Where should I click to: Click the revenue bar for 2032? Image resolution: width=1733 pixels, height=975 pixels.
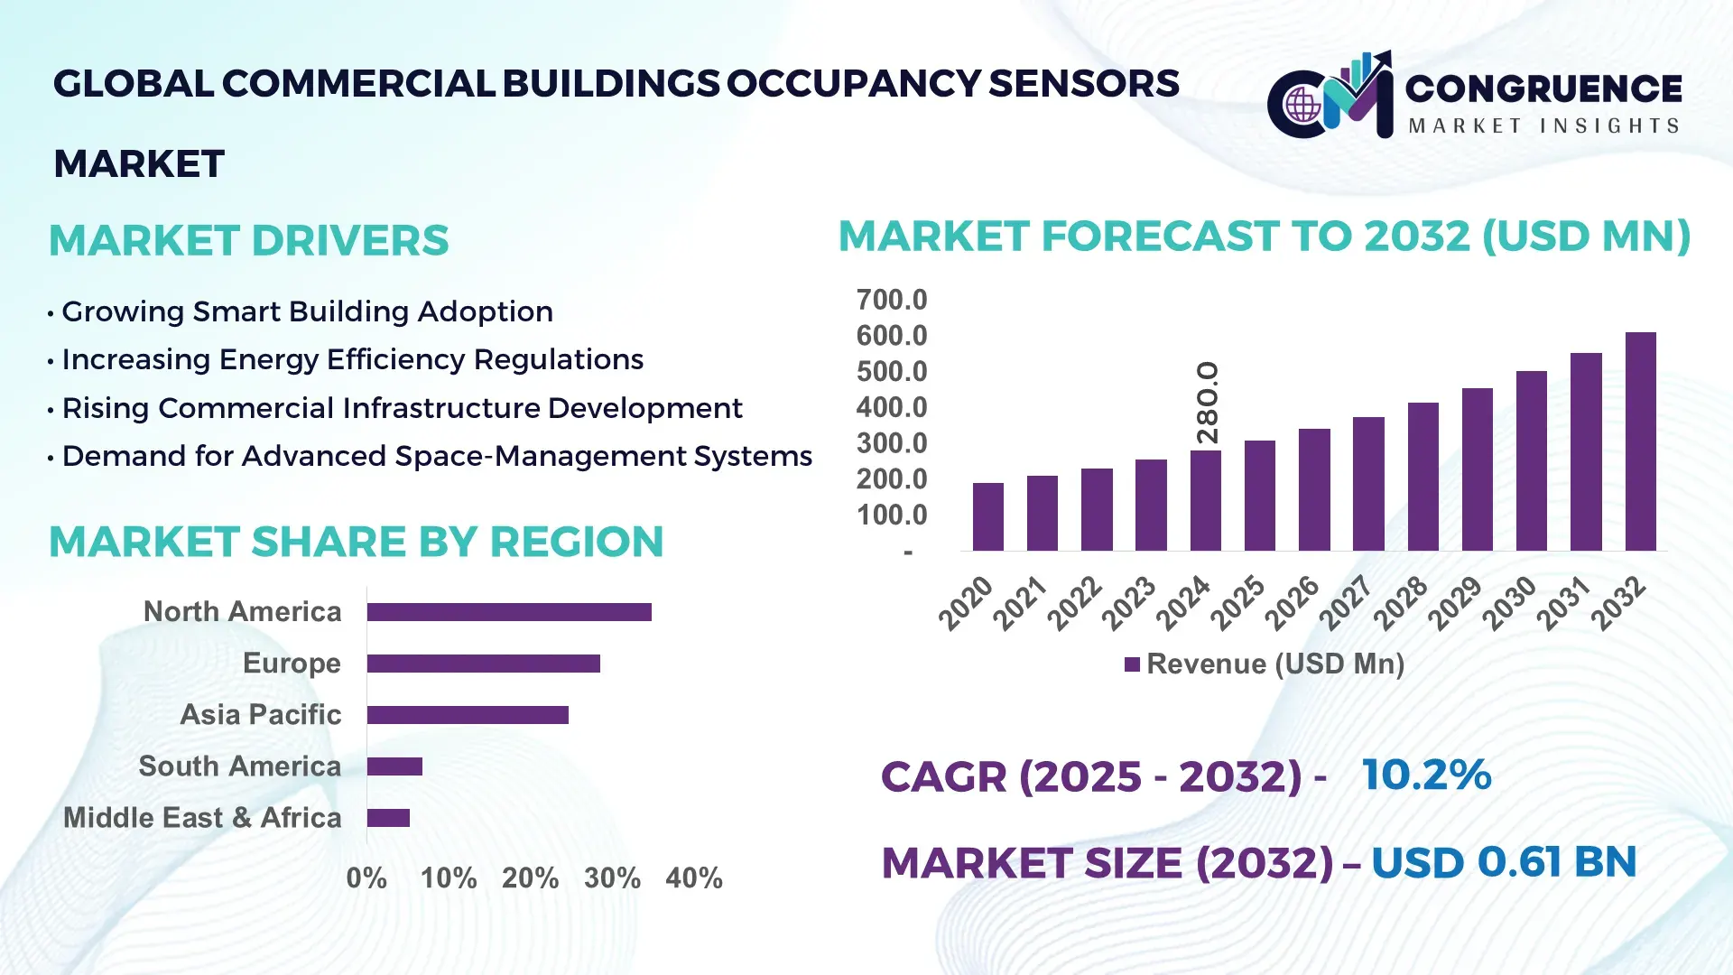[x=1640, y=441]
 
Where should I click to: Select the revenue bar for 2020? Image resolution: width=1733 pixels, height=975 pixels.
[x=987, y=516]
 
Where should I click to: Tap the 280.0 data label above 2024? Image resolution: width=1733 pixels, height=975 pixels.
[x=1207, y=403]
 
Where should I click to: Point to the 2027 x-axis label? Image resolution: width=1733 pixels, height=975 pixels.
[x=1346, y=602]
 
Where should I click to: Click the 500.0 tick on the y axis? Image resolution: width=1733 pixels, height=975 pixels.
[x=891, y=371]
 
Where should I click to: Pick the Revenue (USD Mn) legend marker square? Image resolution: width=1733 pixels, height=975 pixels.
[x=1132, y=664]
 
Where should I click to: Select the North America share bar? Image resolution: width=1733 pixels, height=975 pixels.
[x=509, y=612]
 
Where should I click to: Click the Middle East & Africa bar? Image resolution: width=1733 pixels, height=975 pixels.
[x=388, y=818]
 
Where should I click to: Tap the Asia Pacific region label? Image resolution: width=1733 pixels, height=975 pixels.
[x=260, y=714]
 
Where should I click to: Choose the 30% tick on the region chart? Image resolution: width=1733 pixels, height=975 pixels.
[x=612, y=877]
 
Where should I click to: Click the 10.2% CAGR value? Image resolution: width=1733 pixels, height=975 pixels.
[x=1426, y=775]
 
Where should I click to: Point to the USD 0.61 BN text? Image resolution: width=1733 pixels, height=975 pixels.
[x=1503, y=861]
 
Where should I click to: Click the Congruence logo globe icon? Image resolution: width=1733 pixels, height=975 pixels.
[x=1302, y=106]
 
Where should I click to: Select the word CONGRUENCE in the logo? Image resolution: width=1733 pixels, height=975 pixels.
[x=1543, y=88]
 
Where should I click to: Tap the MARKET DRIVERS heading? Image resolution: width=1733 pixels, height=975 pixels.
[x=248, y=240]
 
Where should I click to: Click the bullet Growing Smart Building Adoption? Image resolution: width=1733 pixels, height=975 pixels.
[x=307, y=311]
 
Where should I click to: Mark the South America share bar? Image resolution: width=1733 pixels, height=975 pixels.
[x=394, y=766]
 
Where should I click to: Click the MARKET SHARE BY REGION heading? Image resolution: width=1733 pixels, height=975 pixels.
[x=356, y=542]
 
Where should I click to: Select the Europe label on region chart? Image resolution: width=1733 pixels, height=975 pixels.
[x=292, y=663]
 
